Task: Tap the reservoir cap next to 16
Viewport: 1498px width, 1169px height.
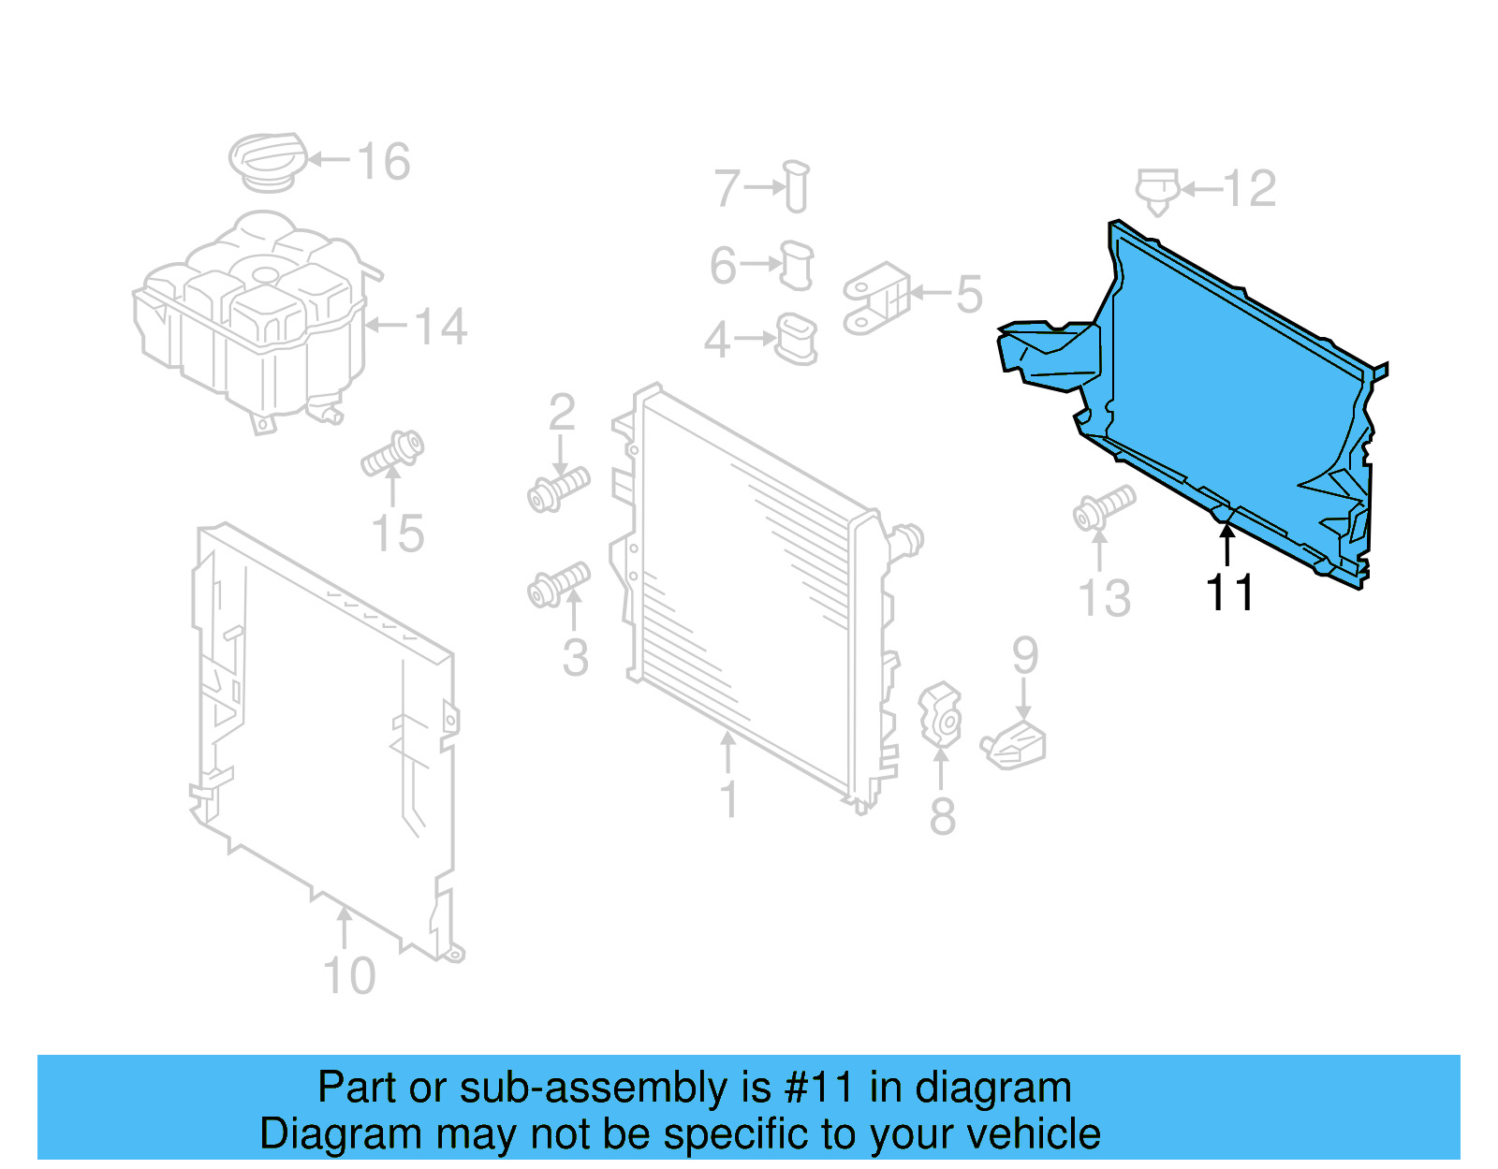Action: click(x=268, y=161)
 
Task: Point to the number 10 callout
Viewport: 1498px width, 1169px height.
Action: click(x=349, y=976)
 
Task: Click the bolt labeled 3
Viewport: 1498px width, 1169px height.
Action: click(x=559, y=585)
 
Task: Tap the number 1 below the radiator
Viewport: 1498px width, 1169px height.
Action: click(x=728, y=801)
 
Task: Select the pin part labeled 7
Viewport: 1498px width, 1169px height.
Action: click(x=797, y=187)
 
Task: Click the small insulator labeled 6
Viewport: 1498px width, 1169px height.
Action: click(x=797, y=265)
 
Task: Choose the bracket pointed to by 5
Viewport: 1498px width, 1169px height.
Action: click(x=876, y=298)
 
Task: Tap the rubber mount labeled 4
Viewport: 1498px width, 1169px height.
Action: click(x=797, y=339)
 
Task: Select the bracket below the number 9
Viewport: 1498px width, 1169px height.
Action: click(x=1015, y=747)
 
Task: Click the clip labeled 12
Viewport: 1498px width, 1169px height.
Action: click(x=1157, y=190)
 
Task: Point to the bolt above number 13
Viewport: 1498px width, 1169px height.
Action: click(x=1104, y=506)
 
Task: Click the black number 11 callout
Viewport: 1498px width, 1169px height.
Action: click(x=1229, y=593)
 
